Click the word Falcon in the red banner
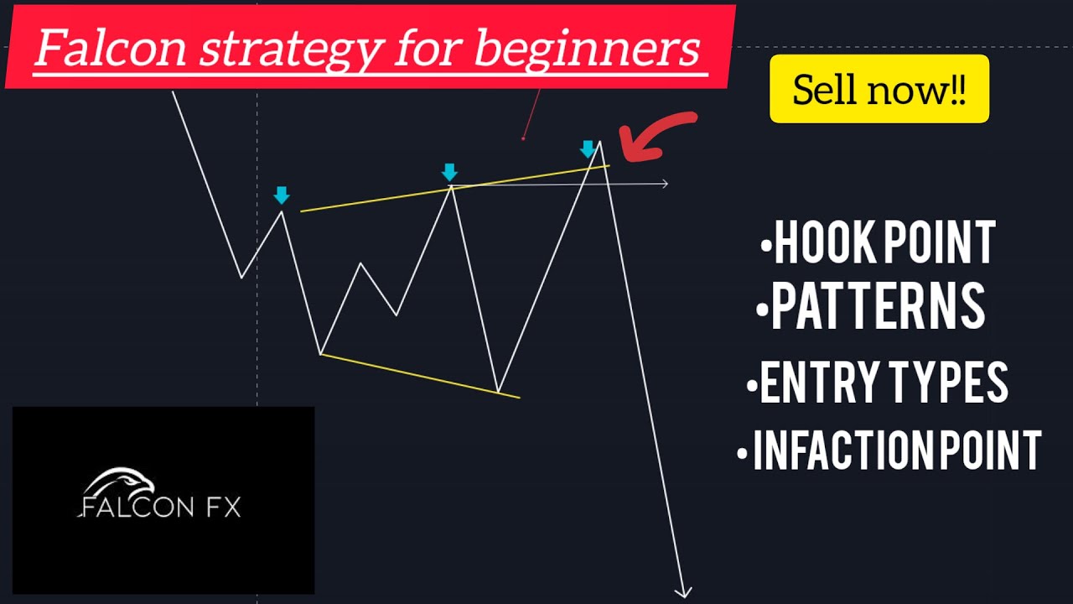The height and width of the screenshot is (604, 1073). point(111,48)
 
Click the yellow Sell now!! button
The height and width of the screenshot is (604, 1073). point(879,89)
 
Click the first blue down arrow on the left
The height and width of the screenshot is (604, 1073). point(282,195)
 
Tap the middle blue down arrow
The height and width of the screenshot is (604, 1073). point(449,173)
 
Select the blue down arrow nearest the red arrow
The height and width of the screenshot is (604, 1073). point(588,149)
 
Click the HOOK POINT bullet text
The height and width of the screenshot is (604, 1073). point(879,242)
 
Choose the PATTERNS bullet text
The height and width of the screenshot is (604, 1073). point(871,305)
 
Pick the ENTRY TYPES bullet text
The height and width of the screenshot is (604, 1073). point(878,382)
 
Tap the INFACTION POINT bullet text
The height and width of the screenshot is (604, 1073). point(889,450)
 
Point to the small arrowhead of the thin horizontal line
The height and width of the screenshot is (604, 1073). point(665,183)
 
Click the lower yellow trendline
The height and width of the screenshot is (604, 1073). point(420,376)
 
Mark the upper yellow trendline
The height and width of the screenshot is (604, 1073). point(455,188)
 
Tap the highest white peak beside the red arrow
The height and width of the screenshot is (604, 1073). point(599,141)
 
